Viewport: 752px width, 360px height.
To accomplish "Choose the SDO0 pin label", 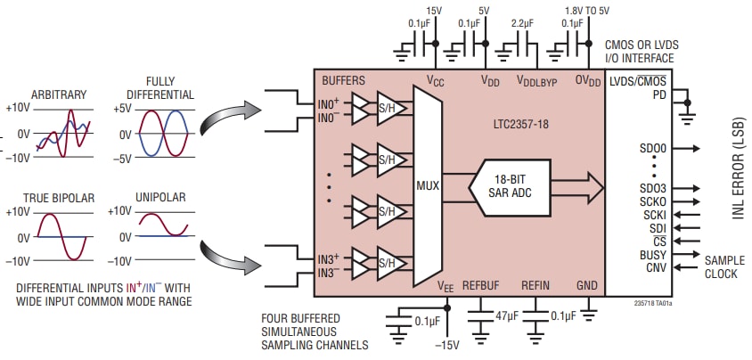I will (653, 148).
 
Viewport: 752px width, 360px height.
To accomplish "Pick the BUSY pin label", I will (652, 254).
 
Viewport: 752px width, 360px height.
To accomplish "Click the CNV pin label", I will (655, 267).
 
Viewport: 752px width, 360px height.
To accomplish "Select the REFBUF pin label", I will (482, 285).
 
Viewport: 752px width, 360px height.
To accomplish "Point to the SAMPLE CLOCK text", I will (721, 267).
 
